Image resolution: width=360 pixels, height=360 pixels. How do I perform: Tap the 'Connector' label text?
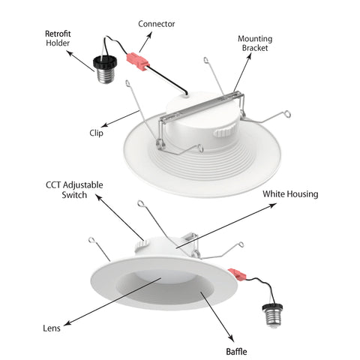point(155,24)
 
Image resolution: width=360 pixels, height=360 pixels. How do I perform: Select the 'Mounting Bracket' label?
point(255,43)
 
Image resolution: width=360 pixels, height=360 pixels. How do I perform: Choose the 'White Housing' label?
point(290,194)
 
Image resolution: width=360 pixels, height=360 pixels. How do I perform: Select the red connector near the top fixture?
point(137,60)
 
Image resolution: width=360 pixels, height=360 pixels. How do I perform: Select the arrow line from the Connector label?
point(147,41)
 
